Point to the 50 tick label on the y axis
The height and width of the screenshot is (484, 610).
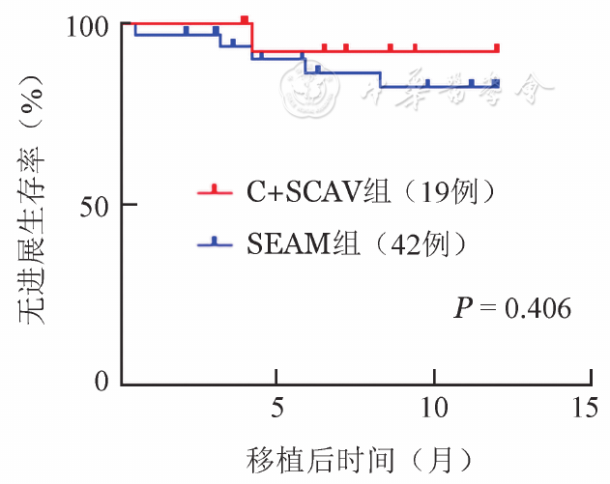pos(100,205)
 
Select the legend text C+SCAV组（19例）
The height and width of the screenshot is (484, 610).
pos(370,192)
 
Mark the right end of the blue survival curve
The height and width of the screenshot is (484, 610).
pos(497,86)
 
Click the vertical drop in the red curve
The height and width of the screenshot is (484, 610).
pos(251,37)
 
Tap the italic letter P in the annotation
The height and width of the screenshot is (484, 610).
pos(463,309)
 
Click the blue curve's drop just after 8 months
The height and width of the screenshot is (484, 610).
pos(380,79)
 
